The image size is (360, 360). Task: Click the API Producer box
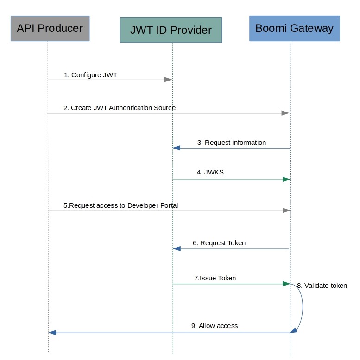[x=50, y=28]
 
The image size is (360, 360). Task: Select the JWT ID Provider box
[x=171, y=30]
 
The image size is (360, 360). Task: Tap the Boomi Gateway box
[x=294, y=28]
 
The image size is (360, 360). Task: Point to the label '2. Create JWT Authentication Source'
[x=120, y=108]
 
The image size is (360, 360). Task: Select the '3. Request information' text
[x=232, y=143]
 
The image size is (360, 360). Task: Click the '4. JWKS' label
[x=210, y=172]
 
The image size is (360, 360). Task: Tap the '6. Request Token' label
[x=219, y=242]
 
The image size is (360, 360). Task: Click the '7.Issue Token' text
[x=215, y=278]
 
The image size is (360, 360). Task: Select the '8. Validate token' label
[x=322, y=286]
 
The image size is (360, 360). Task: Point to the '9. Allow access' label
[x=215, y=326]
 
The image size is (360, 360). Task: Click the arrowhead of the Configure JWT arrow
[x=169, y=80]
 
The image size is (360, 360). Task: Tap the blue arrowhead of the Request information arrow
[x=177, y=148]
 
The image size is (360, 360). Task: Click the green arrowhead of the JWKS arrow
[x=286, y=179]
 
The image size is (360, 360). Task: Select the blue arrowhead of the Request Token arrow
[x=177, y=249]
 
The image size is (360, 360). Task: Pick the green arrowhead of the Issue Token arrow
[x=286, y=284]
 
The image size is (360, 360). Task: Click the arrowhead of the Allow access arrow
[x=52, y=333]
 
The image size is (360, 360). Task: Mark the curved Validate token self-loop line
[x=303, y=308]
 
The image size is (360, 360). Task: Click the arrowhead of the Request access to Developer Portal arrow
[x=286, y=211]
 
